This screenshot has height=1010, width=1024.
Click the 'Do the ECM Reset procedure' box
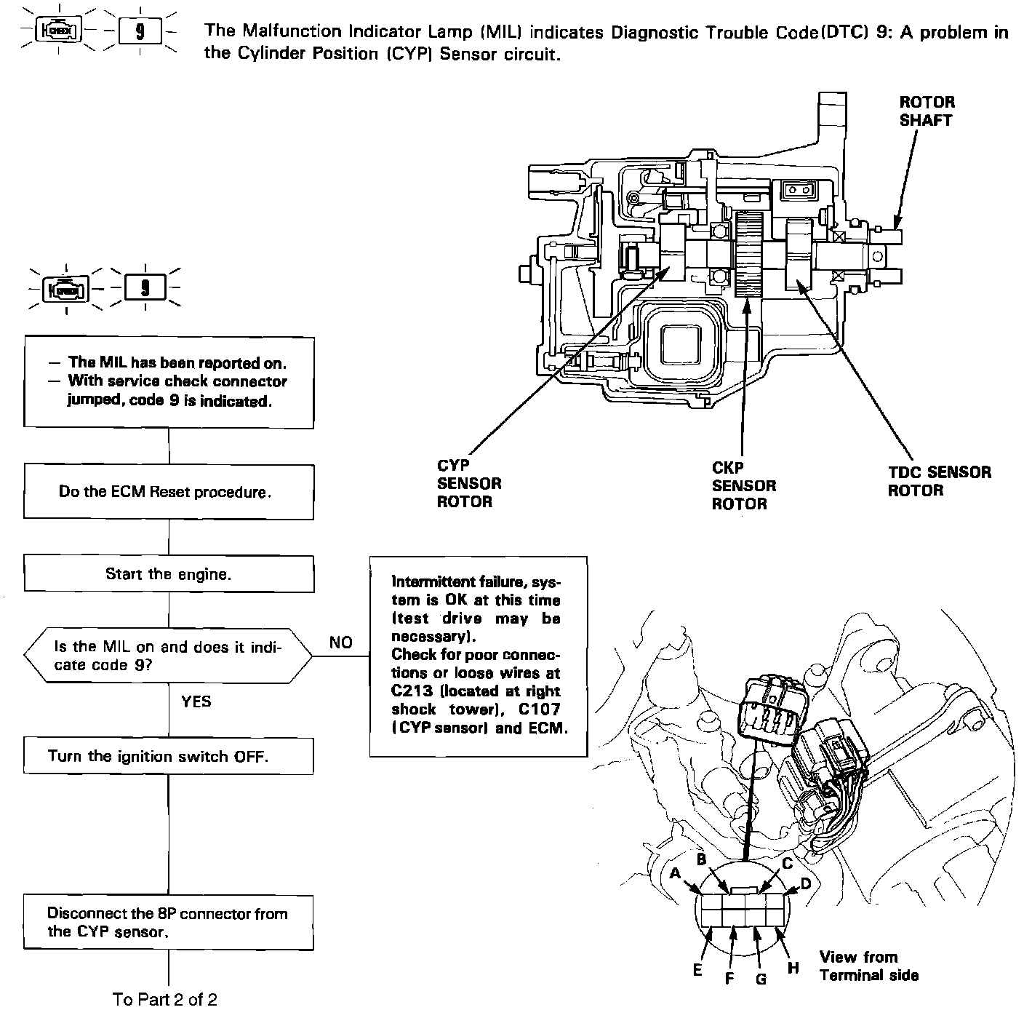point(168,492)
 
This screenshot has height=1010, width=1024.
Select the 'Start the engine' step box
point(168,574)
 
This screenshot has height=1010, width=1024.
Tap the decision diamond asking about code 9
point(168,656)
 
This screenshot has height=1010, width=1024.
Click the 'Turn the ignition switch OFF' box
point(168,756)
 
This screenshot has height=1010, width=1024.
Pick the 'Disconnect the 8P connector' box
point(168,923)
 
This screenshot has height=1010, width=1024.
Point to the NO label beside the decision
point(340,643)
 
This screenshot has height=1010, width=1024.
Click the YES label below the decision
point(196,701)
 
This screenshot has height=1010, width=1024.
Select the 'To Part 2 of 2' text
point(165,999)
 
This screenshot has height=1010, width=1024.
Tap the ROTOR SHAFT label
point(927,111)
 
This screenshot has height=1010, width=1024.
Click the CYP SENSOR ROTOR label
point(468,483)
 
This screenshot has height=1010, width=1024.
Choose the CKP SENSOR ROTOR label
point(743,485)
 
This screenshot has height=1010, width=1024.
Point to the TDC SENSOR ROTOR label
point(938,481)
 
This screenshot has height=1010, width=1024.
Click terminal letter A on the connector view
point(675,873)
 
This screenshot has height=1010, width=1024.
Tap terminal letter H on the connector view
point(793,968)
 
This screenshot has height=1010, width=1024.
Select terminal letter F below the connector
point(729,978)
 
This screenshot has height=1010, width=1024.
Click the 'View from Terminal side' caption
point(868,966)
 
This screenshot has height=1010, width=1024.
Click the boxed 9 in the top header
point(140,31)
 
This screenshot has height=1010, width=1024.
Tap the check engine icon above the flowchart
point(66,289)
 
